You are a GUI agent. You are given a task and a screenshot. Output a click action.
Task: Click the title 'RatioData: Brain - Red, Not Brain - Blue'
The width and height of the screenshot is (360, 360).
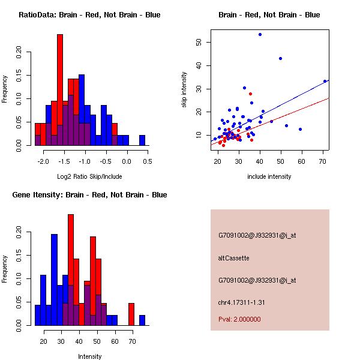(89, 14)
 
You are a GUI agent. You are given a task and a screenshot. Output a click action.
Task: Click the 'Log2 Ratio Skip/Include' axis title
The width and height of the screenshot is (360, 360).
(89, 176)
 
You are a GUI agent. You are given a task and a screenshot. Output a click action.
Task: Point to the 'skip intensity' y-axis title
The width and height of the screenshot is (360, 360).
(184, 90)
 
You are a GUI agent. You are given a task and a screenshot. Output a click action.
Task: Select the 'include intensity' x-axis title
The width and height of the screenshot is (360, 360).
(269, 176)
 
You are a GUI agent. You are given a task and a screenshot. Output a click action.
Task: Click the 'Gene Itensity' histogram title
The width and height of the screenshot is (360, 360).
(89, 194)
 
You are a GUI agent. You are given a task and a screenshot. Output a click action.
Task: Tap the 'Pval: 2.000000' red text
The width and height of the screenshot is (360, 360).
(239, 319)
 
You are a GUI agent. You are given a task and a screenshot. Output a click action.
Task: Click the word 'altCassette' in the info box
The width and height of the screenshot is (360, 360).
(233, 258)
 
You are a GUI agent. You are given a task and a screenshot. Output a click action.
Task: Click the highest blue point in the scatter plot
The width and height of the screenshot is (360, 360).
(260, 34)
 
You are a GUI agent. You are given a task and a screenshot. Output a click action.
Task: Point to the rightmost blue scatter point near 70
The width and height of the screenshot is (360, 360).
(325, 81)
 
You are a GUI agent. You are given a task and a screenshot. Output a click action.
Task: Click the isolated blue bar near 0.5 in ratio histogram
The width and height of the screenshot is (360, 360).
(142, 140)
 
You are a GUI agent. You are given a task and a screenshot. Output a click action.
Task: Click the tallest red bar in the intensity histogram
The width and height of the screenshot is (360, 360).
(71, 270)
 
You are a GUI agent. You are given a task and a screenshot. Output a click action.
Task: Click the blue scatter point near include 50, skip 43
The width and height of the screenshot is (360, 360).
(280, 58)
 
